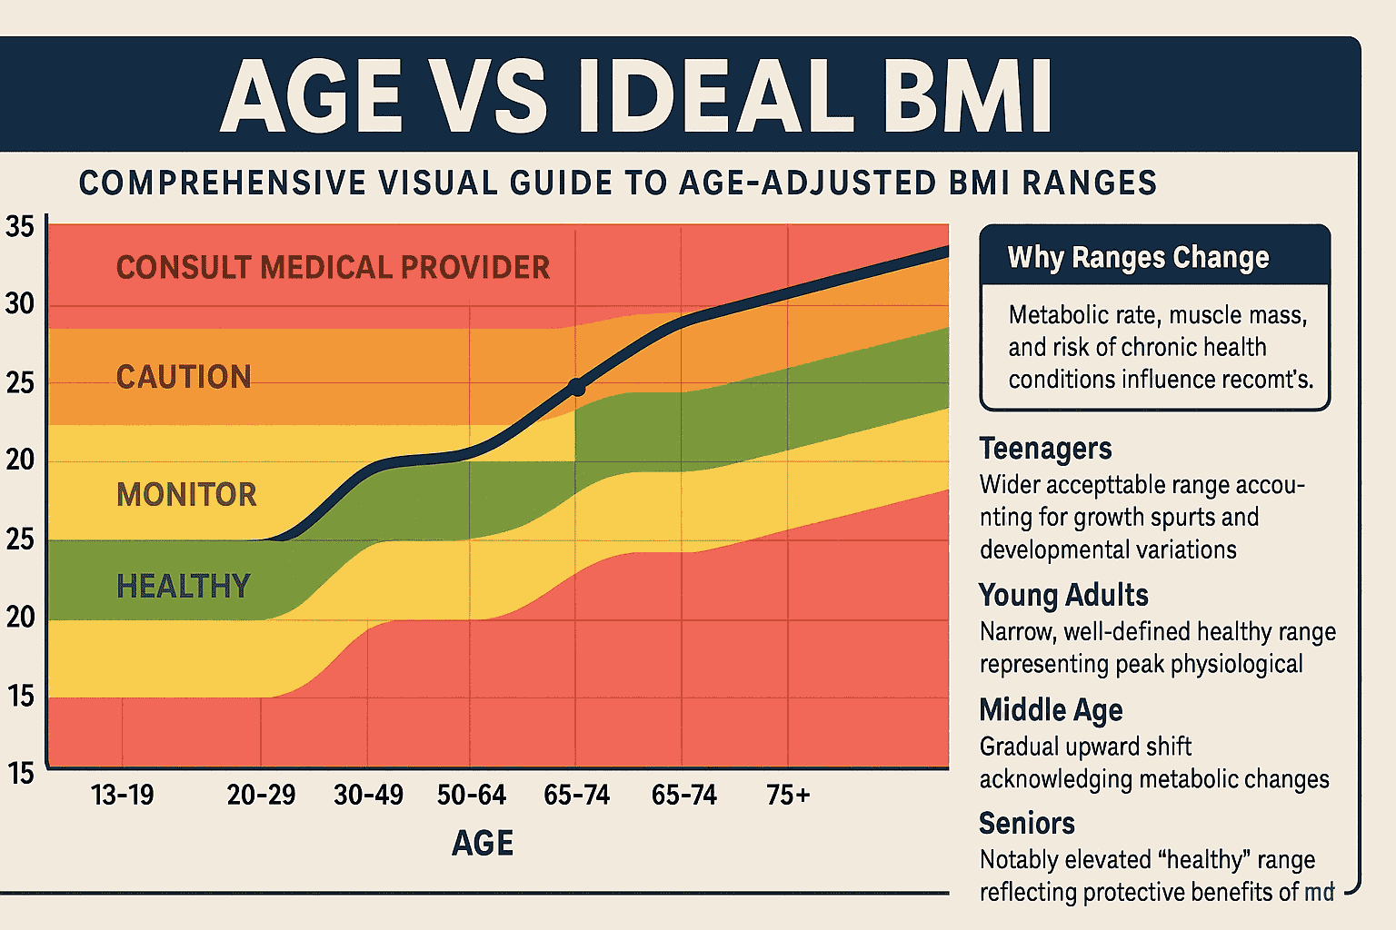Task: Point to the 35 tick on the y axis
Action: point(20,227)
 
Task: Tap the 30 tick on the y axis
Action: point(20,304)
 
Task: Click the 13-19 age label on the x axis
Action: point(123,796)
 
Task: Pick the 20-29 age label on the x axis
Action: point(261,796)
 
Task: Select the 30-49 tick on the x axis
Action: point(368,796)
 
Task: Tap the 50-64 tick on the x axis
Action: point(471,796)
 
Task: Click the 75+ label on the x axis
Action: point(787,796)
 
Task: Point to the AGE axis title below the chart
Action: point(483,844)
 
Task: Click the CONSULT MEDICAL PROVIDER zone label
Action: point(333,268)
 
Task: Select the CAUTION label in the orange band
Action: point(184,377)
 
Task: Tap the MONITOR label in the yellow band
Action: point(186,495)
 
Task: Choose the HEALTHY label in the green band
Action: point(183,587)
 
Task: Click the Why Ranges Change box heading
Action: point(1138,258)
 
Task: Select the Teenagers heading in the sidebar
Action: point(1045,449)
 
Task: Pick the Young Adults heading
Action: point(1063,596)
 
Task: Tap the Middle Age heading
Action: point(1051,710)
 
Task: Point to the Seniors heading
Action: point(1027,824)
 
